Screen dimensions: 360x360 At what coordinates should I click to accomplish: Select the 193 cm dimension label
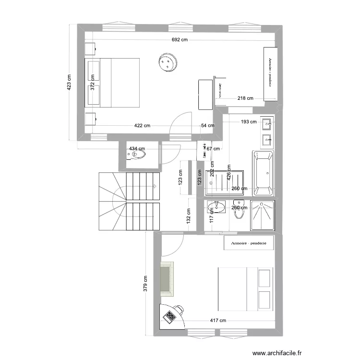coord(249,122)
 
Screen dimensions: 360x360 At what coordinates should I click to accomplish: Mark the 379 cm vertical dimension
coord(145,284)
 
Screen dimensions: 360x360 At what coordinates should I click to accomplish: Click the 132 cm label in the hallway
coord(189,216)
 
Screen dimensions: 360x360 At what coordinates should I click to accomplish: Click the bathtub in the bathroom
coord(263,173)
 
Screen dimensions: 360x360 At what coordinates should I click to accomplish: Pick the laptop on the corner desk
coord(170,316)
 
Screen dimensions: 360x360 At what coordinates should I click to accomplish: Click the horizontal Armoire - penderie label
coord(249,243)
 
